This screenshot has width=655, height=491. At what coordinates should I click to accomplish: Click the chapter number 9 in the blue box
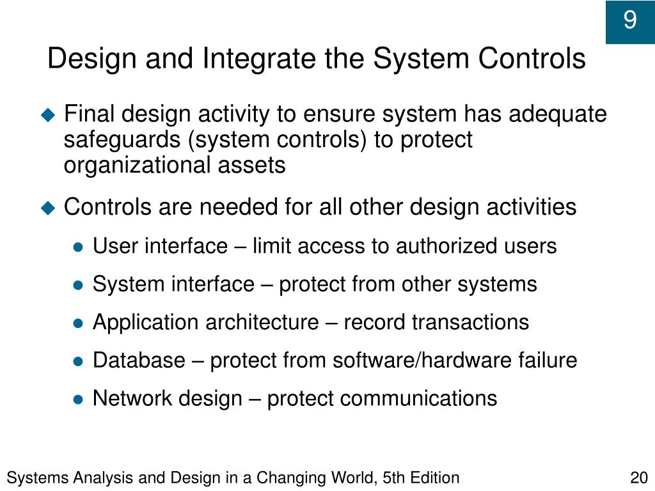630,20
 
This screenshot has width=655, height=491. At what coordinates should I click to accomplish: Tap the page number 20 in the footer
639,478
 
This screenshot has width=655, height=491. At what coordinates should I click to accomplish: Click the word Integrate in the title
259,59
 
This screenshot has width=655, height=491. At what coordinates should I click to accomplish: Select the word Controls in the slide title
532,58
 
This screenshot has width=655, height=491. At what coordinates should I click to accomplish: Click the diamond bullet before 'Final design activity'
49,114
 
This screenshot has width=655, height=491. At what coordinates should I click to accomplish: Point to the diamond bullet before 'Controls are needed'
49,208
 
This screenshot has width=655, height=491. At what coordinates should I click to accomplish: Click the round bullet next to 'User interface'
78,247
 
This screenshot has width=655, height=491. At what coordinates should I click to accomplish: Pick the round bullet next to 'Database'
78,362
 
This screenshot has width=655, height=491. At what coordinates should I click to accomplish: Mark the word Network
134,398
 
